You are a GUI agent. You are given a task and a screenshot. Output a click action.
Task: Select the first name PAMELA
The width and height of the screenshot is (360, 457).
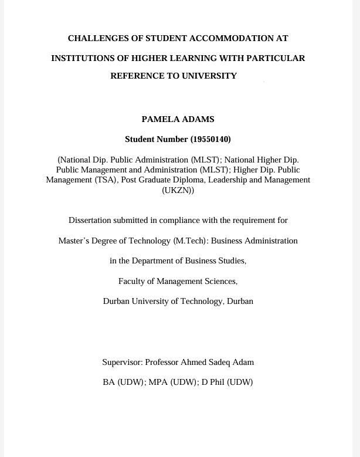[x=160, y=120]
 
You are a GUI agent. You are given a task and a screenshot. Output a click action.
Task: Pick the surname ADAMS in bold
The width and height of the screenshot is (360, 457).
[x=198, y=120]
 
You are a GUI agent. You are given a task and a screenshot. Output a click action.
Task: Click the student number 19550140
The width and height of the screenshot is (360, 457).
[x=210, y=140]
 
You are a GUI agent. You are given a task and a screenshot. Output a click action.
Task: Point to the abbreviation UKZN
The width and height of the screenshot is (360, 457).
[x=178, y=191]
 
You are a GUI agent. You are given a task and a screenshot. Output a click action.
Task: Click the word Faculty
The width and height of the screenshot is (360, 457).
[x=132, y=282]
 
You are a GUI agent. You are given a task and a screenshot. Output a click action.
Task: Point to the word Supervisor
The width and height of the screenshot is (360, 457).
[x=121, y=363]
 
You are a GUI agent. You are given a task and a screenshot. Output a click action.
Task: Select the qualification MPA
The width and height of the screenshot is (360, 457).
[x=158, y=382]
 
